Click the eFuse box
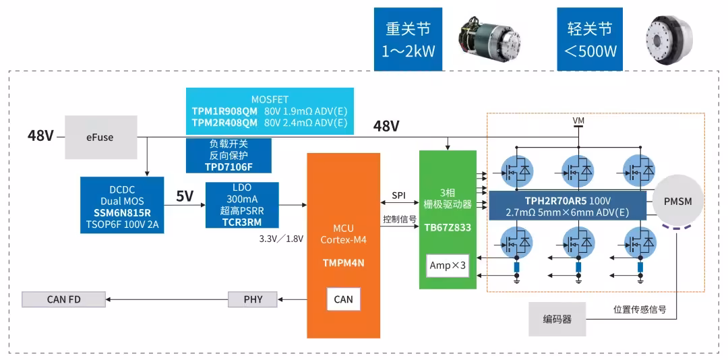(100, 137)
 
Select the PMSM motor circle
(678, 201)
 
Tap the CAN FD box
(63, 299)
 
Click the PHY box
(253, 299)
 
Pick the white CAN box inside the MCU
(343, 299)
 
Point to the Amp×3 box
(447, 266)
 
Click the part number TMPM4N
(344, 262)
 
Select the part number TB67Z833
(448, 228)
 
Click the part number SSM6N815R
(122, 213)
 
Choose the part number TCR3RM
(242, 220)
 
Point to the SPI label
(399, 196)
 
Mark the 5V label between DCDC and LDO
(184, 196)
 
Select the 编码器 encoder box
(557, 319)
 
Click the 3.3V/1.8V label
(281, 239)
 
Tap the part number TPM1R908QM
(224, 111)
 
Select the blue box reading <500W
(589, 40)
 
